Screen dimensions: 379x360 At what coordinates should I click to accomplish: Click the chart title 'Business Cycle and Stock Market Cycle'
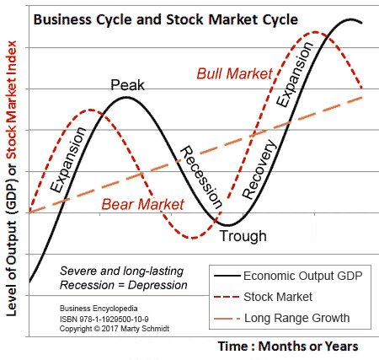(166, 20)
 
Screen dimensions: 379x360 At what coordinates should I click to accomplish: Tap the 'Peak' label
(127, 85)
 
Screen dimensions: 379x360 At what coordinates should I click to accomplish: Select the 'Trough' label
(243, 236)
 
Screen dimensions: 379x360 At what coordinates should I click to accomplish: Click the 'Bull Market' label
(234, 73)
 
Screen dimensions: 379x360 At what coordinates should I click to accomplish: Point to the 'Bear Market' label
(142, 204)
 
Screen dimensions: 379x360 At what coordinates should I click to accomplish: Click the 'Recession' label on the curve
(201, 177)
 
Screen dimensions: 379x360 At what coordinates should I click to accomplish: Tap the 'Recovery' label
(259, 169)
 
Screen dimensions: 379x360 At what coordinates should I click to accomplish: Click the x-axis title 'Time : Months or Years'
(288, 346)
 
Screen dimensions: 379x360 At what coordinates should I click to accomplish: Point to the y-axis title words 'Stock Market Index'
(12, 100)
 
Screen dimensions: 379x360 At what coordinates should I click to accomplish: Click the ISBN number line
(104, 320)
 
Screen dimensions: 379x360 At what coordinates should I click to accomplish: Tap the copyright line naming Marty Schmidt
(115, 329)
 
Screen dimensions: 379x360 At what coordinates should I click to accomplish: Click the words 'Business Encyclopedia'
(99, 309)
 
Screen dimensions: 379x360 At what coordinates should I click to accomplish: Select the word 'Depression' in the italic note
(157, 285)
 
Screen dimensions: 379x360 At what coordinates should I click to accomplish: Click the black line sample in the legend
(227, 276)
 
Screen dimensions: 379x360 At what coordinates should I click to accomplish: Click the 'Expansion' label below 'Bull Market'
(294, 74)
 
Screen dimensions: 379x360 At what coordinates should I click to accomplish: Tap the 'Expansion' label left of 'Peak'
(67, 159)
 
